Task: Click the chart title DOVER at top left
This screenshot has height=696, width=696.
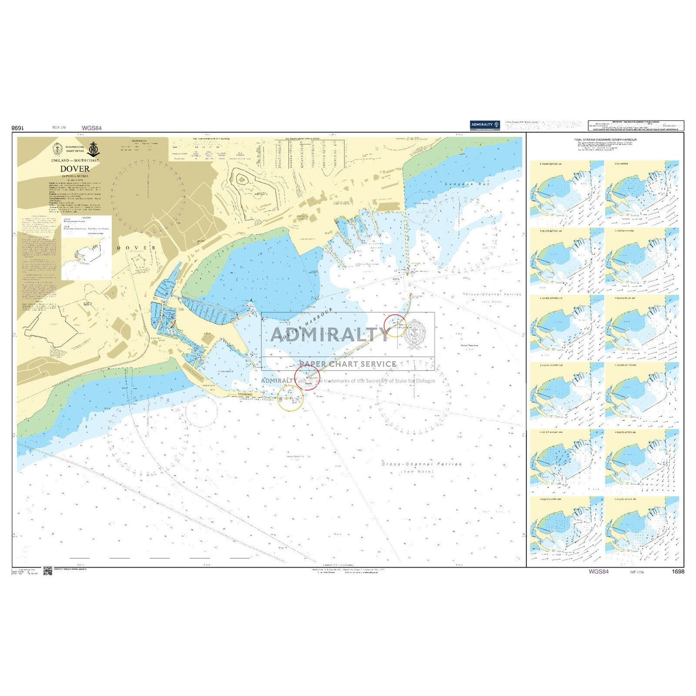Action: (x=75, y=169)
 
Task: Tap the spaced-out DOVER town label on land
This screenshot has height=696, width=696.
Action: (x=136, y=247)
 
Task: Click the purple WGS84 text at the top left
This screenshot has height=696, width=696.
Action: (x=92, y=128)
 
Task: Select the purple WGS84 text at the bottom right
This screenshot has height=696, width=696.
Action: (x=598, y=572)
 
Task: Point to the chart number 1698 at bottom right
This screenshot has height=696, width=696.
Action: (x=677, y=572)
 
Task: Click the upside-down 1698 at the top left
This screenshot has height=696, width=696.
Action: (x=19, y=128)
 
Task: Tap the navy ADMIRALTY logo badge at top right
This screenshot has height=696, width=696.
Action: (x=484, y=124)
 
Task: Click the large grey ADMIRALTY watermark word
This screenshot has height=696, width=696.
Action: (x=329, y=334)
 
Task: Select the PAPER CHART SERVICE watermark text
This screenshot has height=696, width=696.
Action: (x=347, y=363)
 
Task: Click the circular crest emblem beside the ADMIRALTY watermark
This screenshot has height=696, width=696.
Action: (x=416, y=334)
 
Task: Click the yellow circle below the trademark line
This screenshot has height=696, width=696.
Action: (x=290, y=397)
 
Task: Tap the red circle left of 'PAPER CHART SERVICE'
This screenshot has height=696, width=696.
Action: (x=307, y=377)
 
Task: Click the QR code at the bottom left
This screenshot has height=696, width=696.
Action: (x=48, y=571)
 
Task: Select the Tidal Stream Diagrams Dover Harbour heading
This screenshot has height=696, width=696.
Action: (x=605, y=140)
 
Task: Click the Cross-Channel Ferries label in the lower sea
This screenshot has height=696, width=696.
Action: (x=422, y=464)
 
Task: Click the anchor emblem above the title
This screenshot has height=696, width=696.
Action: (x=94, y=150)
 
